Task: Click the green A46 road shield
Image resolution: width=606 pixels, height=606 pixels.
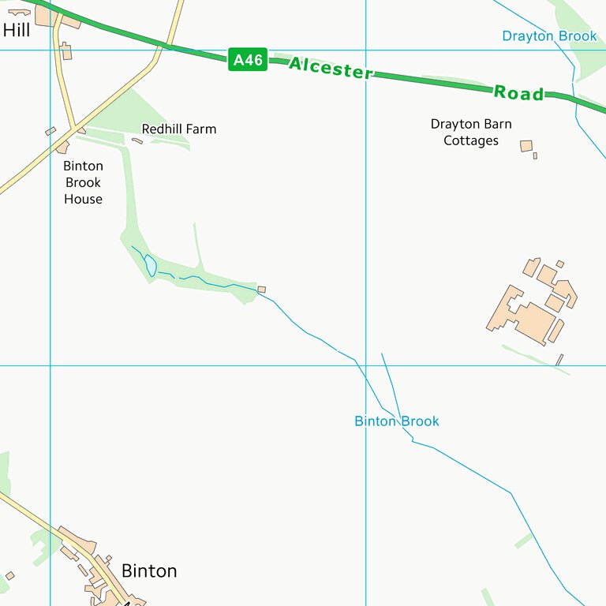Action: (248, 59)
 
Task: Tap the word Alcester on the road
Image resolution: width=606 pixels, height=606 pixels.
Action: (330, 68)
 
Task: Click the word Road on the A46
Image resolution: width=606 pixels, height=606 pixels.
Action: (519, 92)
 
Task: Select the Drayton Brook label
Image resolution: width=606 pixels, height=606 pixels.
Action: (549, 36)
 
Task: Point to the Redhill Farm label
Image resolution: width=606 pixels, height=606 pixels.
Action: (178, 129)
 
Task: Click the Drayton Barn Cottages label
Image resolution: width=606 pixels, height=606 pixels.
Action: (471, 133)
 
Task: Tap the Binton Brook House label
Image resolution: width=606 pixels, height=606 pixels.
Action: (83, 182)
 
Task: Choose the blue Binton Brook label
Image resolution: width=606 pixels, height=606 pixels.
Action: (396, 421)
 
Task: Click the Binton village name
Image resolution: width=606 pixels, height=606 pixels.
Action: (149, 570)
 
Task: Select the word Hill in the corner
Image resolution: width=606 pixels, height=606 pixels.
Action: (17, 31)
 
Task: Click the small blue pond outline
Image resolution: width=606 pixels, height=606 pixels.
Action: (150, 265)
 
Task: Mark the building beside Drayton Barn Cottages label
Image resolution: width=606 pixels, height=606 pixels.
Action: (526, 146)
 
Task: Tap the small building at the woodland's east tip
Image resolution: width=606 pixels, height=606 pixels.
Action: (262, 290)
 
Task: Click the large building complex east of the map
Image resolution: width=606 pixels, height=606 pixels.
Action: (533, 304)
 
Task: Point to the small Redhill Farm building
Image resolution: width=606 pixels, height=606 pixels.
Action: (137, 141)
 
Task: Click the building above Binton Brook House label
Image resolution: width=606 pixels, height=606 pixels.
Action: (62, 148)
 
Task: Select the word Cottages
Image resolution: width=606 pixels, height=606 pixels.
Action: (471, 140)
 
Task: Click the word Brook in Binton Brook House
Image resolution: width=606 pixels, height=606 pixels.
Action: (83, 182)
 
